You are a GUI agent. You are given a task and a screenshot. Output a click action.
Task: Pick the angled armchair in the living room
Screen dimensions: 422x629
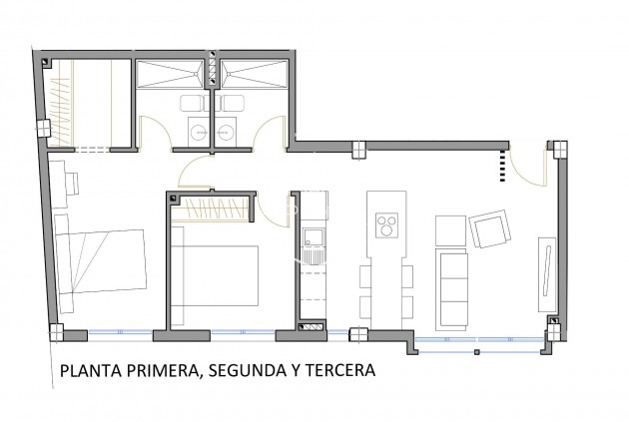click(490, 231)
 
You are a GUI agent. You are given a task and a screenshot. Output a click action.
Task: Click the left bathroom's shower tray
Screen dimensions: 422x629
click(173, 76)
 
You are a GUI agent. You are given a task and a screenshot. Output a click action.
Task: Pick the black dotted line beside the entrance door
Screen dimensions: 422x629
click(502, 167)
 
